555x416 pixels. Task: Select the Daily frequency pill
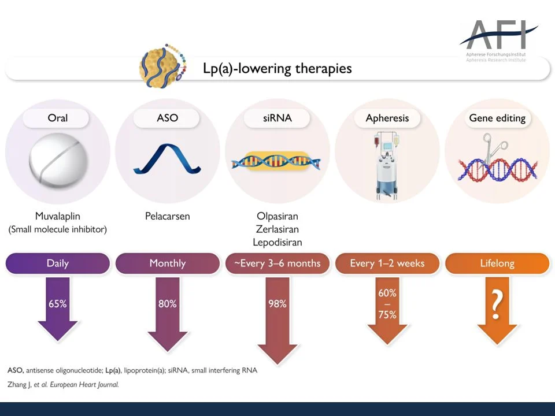click(x=58, y=263)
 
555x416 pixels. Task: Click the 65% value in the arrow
click(x=58, y=303)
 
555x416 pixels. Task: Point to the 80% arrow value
click(x=167, y=303)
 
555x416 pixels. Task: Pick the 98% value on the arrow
click(x=277, y=303)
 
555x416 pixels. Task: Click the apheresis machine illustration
click(x=387, y=162)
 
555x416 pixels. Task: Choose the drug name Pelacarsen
click(x=167, y=217)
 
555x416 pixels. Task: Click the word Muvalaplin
click(x=58, y=217)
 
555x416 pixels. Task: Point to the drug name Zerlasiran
click(x=277, y=229)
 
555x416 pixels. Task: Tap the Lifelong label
click(x=497, y=263)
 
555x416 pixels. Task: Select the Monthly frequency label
click(x=167, y=263)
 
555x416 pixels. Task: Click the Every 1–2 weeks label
click(x=387, y=263)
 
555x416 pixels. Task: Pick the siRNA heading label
click(x=277, y=118)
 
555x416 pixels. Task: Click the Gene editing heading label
click(x=497, y=118)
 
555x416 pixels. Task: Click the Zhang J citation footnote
click(x=63, y=384)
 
